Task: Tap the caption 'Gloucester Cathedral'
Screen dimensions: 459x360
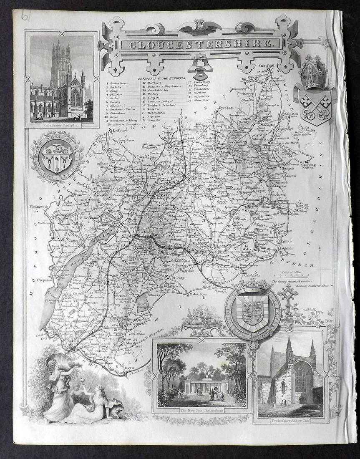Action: [x=61, y=124]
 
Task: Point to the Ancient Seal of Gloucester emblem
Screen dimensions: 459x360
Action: [x=57, y=157]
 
